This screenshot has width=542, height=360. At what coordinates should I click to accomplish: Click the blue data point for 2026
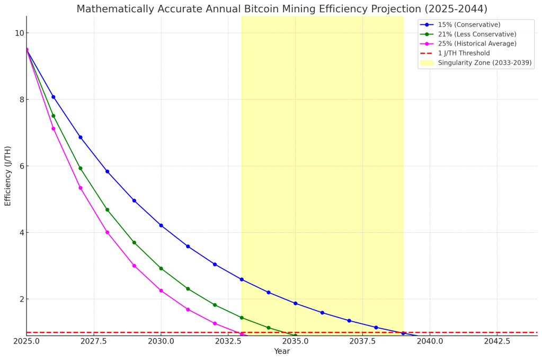pyautogui.click(x=53, y=97)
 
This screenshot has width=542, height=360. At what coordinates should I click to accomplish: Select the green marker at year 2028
pyautogui.click(x=107, y=210)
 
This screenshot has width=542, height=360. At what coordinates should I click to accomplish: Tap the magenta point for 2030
pyautogui.click(x=161, y=291)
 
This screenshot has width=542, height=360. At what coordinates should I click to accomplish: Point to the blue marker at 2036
pyautogui.click(x=322, y=313)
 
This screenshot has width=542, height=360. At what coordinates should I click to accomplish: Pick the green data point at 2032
pyautogui.click(x=215, y=305)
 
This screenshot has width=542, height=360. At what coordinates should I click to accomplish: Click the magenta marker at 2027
pyautogui.click(x=81, y=188)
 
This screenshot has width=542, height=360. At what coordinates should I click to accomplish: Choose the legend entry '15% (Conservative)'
pyautogui.click(x=469, y=25)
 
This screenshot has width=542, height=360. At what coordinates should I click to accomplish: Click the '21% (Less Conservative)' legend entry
pyautogui.click(x=477, y=34)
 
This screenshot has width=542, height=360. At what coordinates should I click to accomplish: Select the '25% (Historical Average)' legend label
pyautogui.click(x=477, y=44)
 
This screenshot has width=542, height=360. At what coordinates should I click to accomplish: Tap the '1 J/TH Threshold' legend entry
pyautogui.click(x=464, y=54)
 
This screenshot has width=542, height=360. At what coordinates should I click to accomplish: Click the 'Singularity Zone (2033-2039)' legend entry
pyautogui.click(x=485, y=63)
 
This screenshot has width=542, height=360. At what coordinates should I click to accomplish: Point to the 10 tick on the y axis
pyautogui.click(x=20, y=33)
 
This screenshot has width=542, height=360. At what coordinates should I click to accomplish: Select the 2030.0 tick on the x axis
pyautogui.click(x=161, y=341)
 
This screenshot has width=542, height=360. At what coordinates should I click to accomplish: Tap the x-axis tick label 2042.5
pyautogui.click(x=497, y=341)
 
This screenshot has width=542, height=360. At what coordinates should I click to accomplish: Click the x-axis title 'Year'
pyautogui.click(x=282, y=352)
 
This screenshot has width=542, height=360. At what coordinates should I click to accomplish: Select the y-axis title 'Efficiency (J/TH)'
pyautogui.click(x=8, y=176)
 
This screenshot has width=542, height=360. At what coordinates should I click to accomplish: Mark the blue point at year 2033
pyautogui.click(x=242, y=279)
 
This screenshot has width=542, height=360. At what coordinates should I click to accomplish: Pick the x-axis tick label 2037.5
pyautogui.click(x=362, y=341)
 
